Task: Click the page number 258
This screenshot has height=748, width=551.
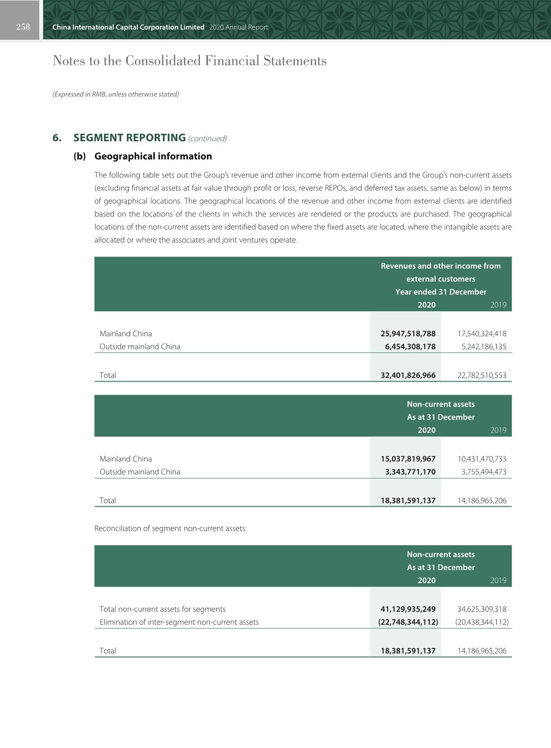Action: (x=23, y=27)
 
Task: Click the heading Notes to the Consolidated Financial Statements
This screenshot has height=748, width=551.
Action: (x=189, y=61)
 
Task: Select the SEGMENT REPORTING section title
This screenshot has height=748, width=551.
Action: (x=130, y=138)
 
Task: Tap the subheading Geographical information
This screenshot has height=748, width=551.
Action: (x=153, y=156)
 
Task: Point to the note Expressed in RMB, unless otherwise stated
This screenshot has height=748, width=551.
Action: (x=115, y=94)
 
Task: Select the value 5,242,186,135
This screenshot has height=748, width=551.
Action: (x=482, y=346)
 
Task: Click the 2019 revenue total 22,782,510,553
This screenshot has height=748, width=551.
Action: (x=482, y=375)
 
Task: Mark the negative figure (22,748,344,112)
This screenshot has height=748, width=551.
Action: (x=408, y=622)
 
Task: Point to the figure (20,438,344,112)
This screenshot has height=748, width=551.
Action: (x=482, y=622)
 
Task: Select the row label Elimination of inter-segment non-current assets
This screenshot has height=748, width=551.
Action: (x=179, y=622)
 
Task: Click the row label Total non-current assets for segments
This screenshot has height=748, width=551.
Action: (x=163, y=609)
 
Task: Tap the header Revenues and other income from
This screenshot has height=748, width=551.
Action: (x=440, y=266)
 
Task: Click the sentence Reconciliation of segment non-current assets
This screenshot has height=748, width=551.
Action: (x=170, y=528)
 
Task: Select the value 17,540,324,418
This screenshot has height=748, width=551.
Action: (x=482, y=333)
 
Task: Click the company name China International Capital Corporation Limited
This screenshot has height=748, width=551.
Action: (x=128, y=27)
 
